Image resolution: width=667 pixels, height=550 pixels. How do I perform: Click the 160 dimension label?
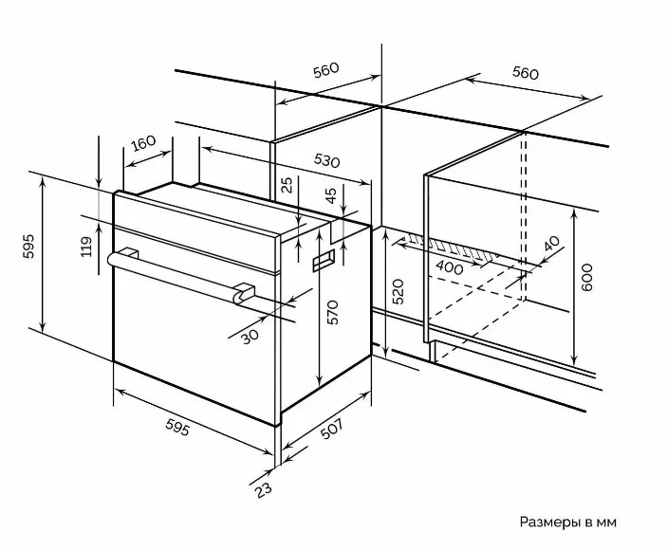pyautogui.click(x=144, y=144)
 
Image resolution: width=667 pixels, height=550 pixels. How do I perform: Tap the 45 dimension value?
pyautogui.click(x=330, y=197)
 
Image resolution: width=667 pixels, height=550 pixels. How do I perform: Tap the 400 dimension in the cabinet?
pyautogui.click(x=452, y=268)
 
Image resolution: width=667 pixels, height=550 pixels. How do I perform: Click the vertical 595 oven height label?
pyautogui.click(x=28, y=248)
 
